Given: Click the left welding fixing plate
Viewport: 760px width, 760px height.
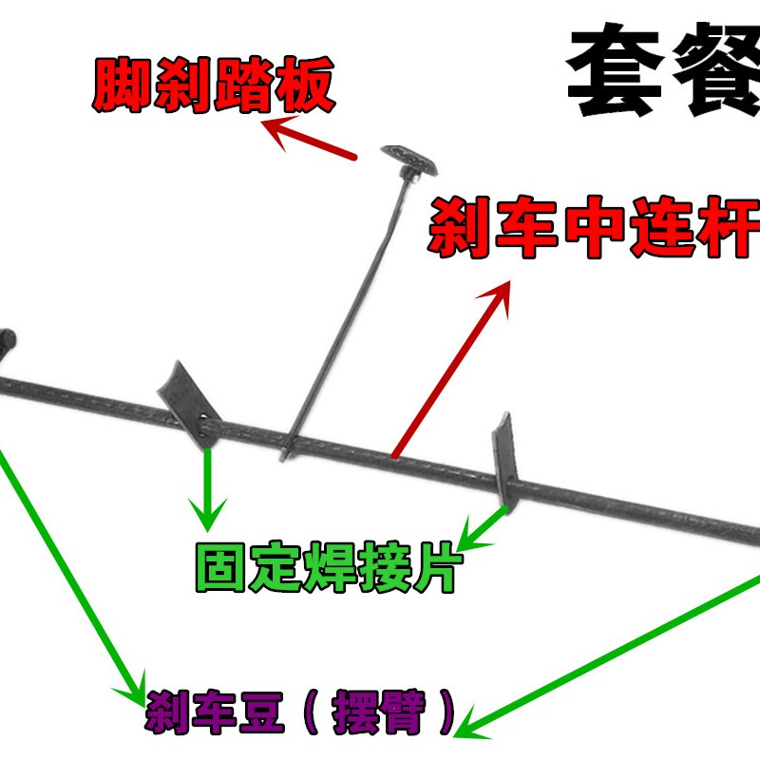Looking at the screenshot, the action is (185, 397).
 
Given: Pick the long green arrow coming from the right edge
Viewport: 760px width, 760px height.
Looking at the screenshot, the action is (608, 655).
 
